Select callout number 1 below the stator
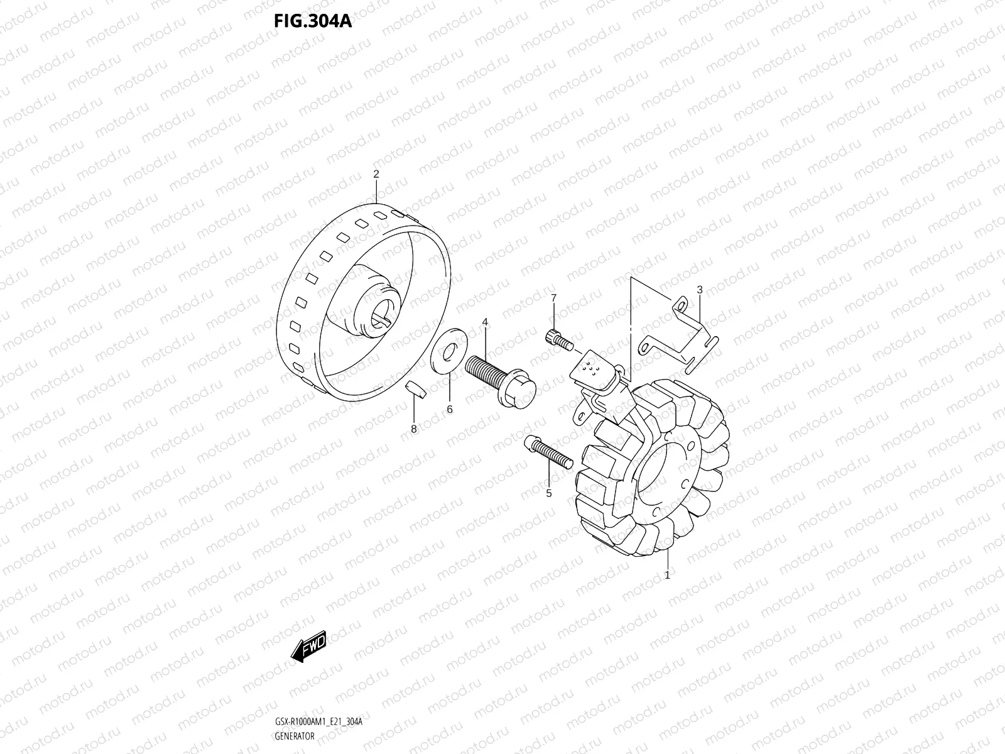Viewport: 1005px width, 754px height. tap(667, 574)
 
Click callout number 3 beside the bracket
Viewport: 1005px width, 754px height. tap(699, 290)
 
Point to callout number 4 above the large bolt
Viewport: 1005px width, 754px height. tap(485, 322)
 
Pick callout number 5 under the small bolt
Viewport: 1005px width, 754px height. tap(548, 493)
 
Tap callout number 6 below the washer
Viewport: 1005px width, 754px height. tap(450, 409)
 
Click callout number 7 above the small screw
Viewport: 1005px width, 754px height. tap(553, 297)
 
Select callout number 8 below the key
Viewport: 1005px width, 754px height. tap(413, 429)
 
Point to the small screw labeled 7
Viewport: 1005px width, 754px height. tap(558, 340)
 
